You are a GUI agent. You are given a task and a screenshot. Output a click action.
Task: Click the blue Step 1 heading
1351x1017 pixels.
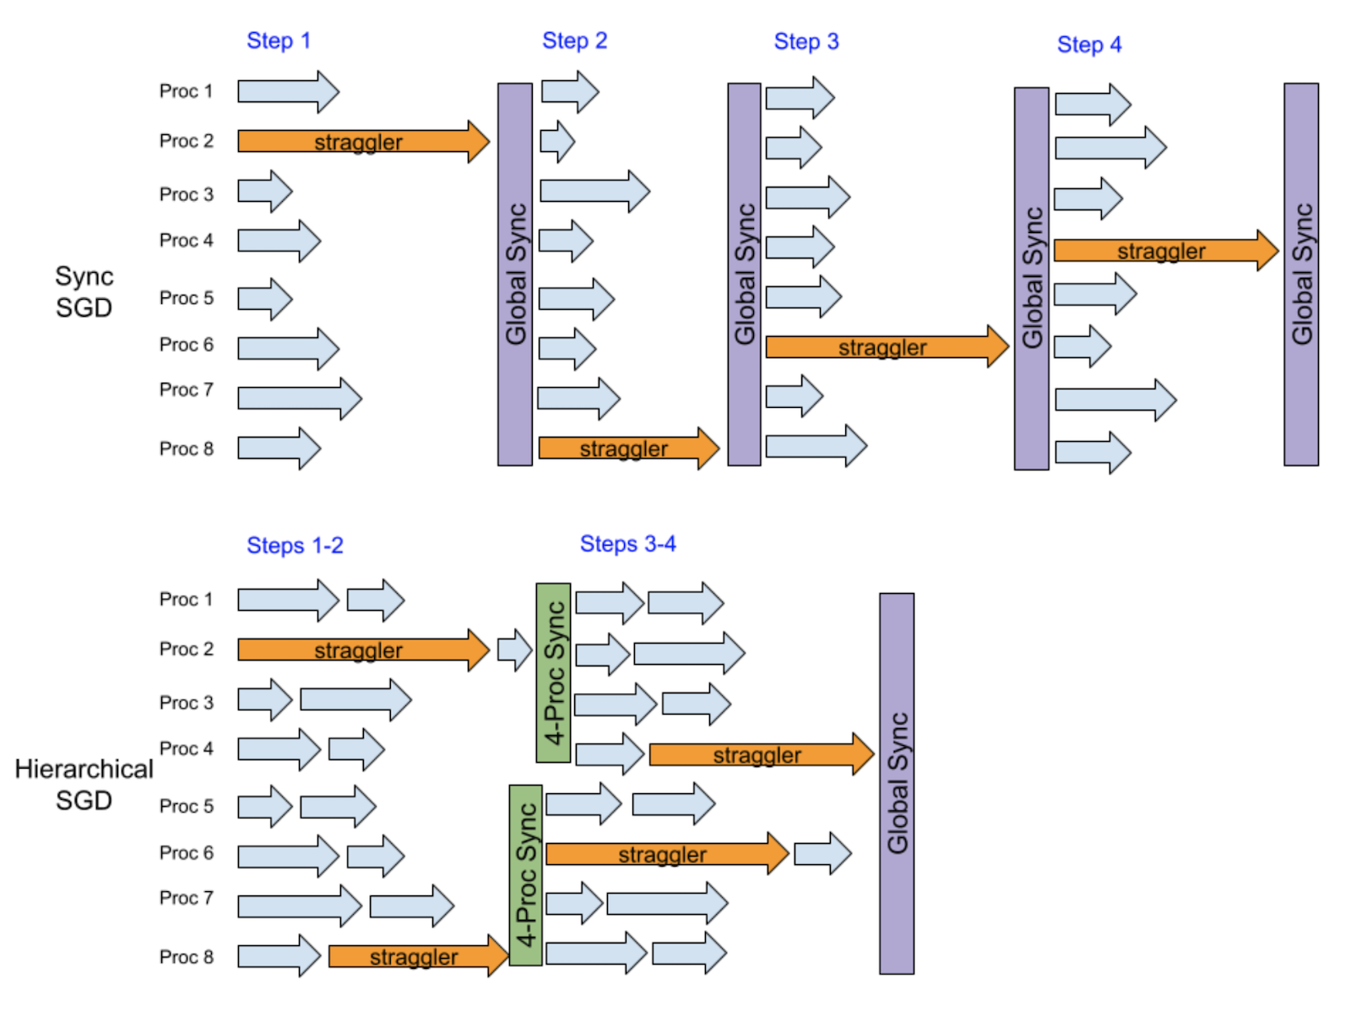tap(279, 41)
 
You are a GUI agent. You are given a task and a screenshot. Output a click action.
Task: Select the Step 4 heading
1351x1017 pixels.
tap(1089, 45)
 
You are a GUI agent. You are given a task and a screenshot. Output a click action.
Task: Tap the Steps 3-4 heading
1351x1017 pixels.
tap(627, 544)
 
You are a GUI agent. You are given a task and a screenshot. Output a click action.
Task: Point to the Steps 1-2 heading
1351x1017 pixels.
tap(295, 546)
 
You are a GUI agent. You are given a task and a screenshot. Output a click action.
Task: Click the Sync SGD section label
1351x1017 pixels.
tap(84, 291)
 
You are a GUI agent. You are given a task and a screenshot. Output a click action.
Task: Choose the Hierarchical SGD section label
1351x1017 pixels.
tap(84, 784)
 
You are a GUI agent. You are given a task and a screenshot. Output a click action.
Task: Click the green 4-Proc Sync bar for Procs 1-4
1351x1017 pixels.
tap(553, 672)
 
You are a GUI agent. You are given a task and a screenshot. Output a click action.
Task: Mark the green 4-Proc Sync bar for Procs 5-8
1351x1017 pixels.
tap(526, 875)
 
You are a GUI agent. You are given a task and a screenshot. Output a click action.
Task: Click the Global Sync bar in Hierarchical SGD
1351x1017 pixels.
tap(897, 783)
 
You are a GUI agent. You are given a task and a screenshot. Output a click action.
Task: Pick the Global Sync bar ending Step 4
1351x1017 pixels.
tap(1301, 274)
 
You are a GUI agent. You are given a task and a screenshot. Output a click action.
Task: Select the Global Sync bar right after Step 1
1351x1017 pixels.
tap(515, 274)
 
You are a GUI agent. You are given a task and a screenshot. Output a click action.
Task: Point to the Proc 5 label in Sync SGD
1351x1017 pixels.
tap(187, 298)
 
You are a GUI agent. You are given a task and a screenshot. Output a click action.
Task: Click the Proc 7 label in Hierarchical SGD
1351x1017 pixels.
tap(187, 898)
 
